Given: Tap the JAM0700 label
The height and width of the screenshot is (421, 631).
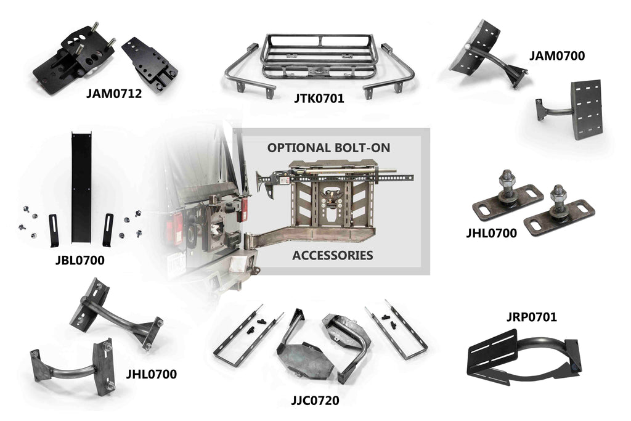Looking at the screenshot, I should [556, 56].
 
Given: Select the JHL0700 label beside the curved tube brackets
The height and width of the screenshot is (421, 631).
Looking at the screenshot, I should [151, 374].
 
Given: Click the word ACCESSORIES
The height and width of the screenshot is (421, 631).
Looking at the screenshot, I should [333, 255].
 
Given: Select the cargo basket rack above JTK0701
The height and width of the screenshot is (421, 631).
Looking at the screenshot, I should [318, 59].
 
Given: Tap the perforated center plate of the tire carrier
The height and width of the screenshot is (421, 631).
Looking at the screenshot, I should [333, 210].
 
